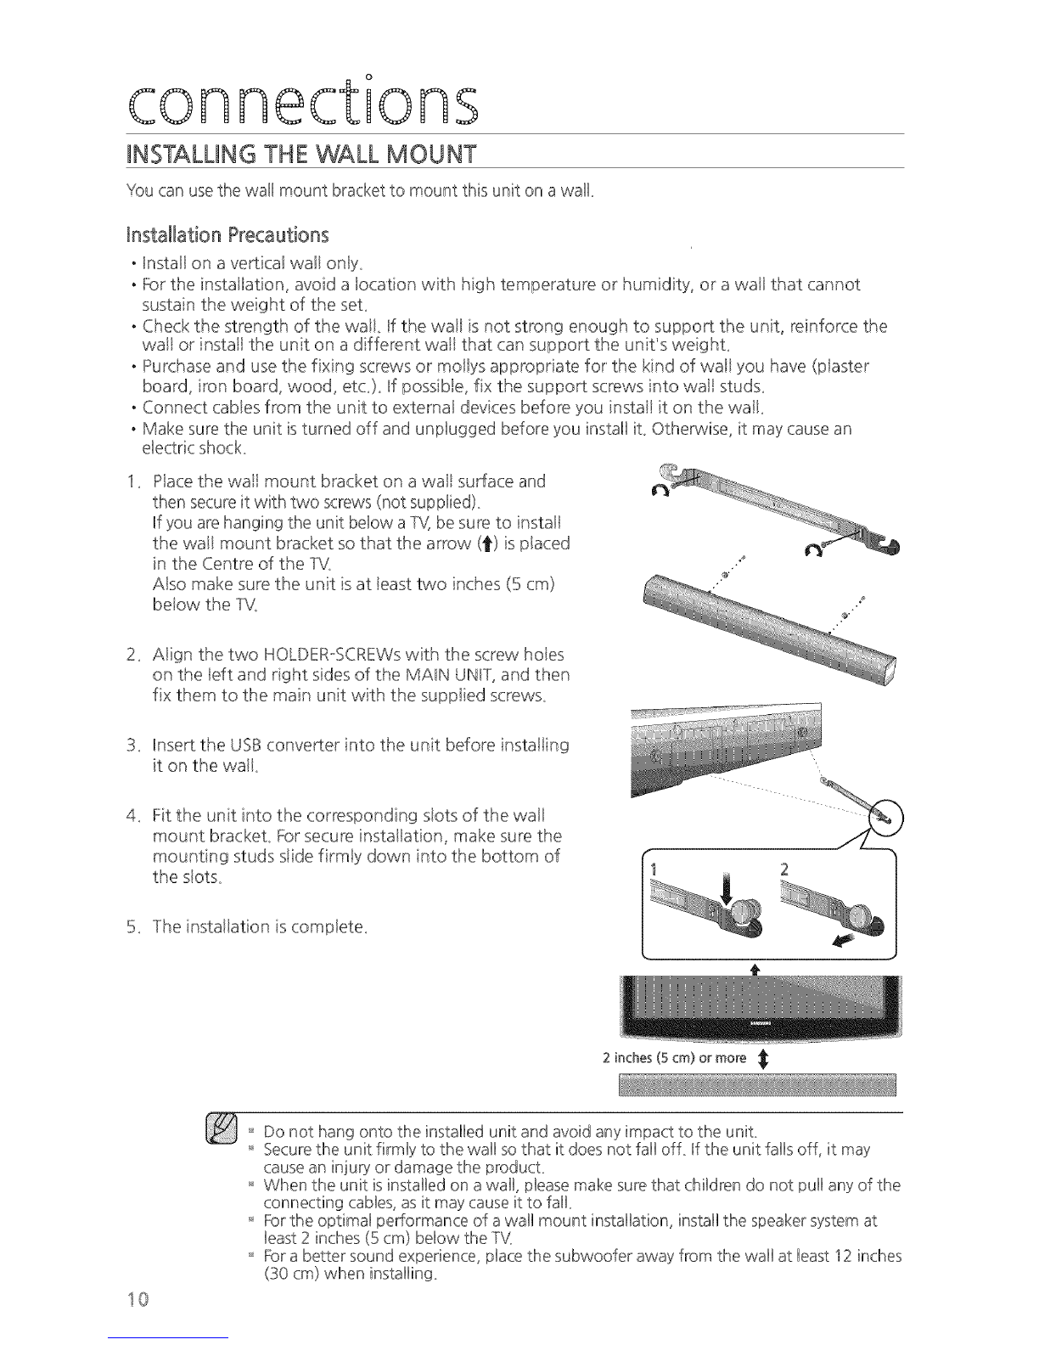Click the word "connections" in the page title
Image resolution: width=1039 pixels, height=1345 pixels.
[x=302, y=102]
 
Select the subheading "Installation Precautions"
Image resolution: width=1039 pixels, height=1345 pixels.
[x=227, y=235]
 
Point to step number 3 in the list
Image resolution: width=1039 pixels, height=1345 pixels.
[x=132, y=745]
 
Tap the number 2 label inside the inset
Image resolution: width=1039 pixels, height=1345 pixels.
[x=784, y=869]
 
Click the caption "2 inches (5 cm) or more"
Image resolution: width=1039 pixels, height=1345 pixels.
[x=675, y=1058]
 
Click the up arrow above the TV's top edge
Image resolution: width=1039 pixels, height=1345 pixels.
[x=755, y=969]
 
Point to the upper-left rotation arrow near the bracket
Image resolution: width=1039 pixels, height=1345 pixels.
[x=660, y=490]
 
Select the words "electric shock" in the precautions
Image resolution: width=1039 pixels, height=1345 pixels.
[x=194, y=448]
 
